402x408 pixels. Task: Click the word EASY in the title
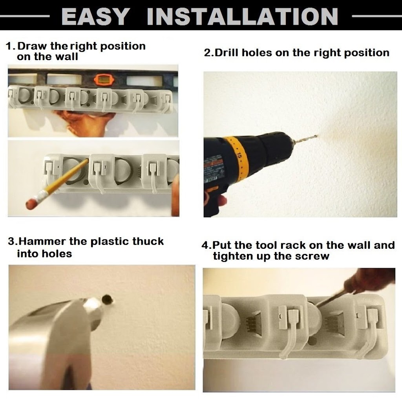95,16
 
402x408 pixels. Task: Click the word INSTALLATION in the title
242,16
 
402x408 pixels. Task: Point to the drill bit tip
317,136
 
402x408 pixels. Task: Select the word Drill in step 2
227,53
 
